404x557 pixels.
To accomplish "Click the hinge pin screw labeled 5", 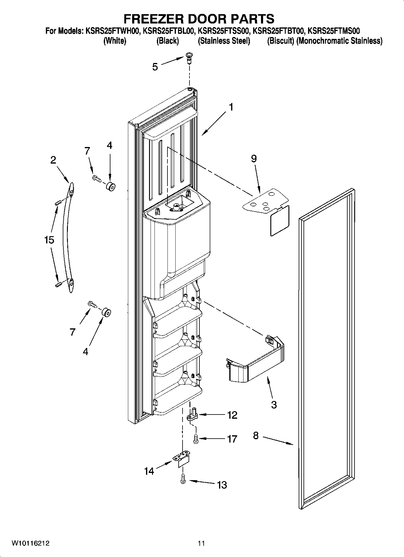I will (x=190, y=57).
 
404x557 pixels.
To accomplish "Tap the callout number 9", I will (x=254, y=158).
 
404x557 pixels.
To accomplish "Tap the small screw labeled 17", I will (x=195, y=438).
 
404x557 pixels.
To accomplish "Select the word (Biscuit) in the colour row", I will (x=280, y=41).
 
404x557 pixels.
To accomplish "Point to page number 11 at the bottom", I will (x=201, y=543).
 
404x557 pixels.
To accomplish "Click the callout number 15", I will (x=49, y=240).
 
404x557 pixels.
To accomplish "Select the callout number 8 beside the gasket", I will (x=256, y=435).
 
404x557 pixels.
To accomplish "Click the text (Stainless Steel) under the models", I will (x=224, y=41).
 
